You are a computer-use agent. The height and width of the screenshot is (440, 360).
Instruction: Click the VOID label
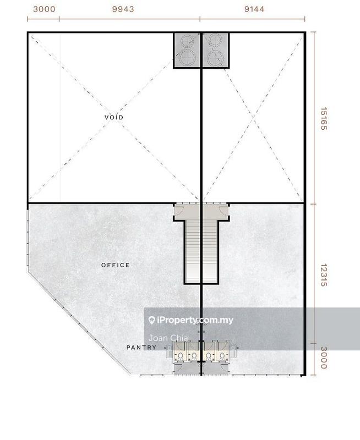(114, 118)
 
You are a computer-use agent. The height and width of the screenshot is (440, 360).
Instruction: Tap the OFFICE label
(116, 265)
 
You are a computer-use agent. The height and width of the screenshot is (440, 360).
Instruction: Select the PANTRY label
(141, 348)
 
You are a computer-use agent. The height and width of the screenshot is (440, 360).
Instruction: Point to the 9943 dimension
(123, 9)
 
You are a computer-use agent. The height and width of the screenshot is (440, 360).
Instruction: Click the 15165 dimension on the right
(324, 118)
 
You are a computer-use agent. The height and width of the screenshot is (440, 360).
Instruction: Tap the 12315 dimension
(324, 273)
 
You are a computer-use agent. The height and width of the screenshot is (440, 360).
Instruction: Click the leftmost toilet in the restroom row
(180, 356)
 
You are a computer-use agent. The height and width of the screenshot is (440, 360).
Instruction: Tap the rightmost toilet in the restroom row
(222, 356)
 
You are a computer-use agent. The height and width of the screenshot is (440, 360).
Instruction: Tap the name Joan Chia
(160, 338)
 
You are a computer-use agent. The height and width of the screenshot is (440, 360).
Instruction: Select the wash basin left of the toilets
(167, 348)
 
